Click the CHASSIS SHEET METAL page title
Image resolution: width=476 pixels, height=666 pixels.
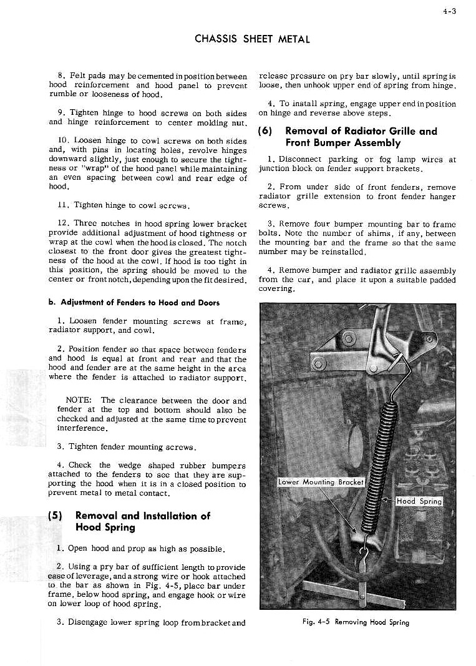(x=253, y=39)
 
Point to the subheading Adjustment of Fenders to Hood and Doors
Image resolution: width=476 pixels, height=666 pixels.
(x=134, y=302)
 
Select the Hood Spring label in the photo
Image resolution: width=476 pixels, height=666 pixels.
(x=419, y=501)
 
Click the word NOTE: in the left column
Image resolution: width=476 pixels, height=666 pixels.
(x=80, y=400)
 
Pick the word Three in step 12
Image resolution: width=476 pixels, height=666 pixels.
(x=87, y=223)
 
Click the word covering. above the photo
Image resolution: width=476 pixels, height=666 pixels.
(x=275, y=290)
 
